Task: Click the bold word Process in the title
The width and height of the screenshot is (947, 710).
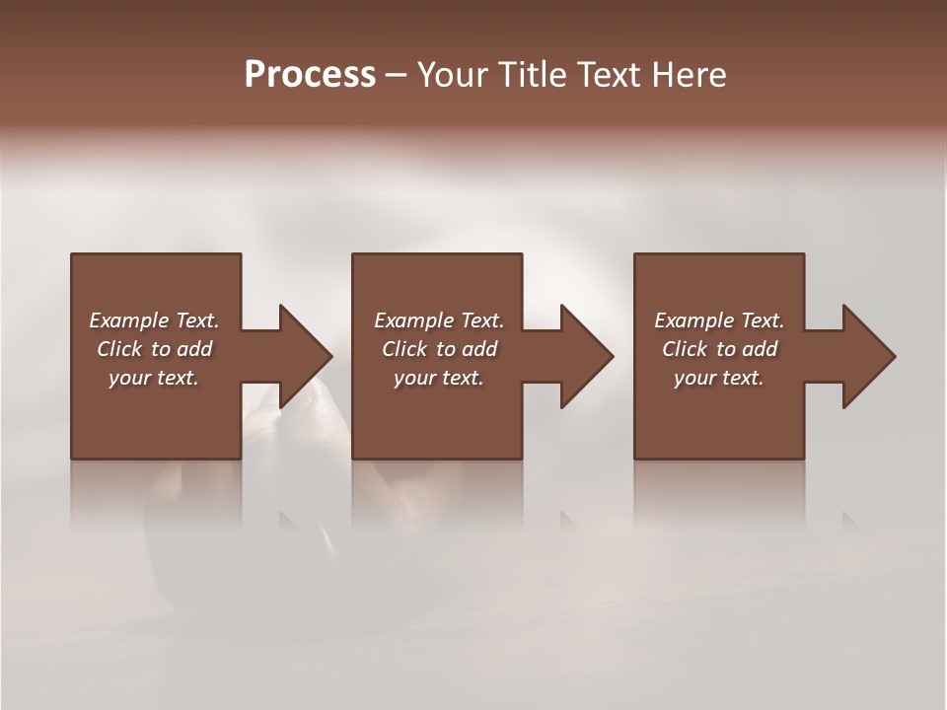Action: click(x=310, y=75)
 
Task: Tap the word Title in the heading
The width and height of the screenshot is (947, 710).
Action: click(x=540, y=75)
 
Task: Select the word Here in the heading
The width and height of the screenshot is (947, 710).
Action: click(x=690, y=75)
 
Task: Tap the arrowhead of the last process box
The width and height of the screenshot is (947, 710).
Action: click(x=867, y=356)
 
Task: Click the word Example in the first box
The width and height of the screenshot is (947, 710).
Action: click(x=129, y=320)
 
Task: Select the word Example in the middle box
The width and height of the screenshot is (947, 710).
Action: click(x=413, y=320)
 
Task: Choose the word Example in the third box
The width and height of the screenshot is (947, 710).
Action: click(x=693, y=320)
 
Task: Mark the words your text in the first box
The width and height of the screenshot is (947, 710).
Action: click(x=154, y=378)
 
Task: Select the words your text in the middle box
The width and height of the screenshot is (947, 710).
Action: click(x=438, y=378)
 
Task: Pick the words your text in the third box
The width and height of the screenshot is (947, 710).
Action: click(x=719, y=378)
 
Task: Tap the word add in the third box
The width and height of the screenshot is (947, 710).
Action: click(x=761, y=349)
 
